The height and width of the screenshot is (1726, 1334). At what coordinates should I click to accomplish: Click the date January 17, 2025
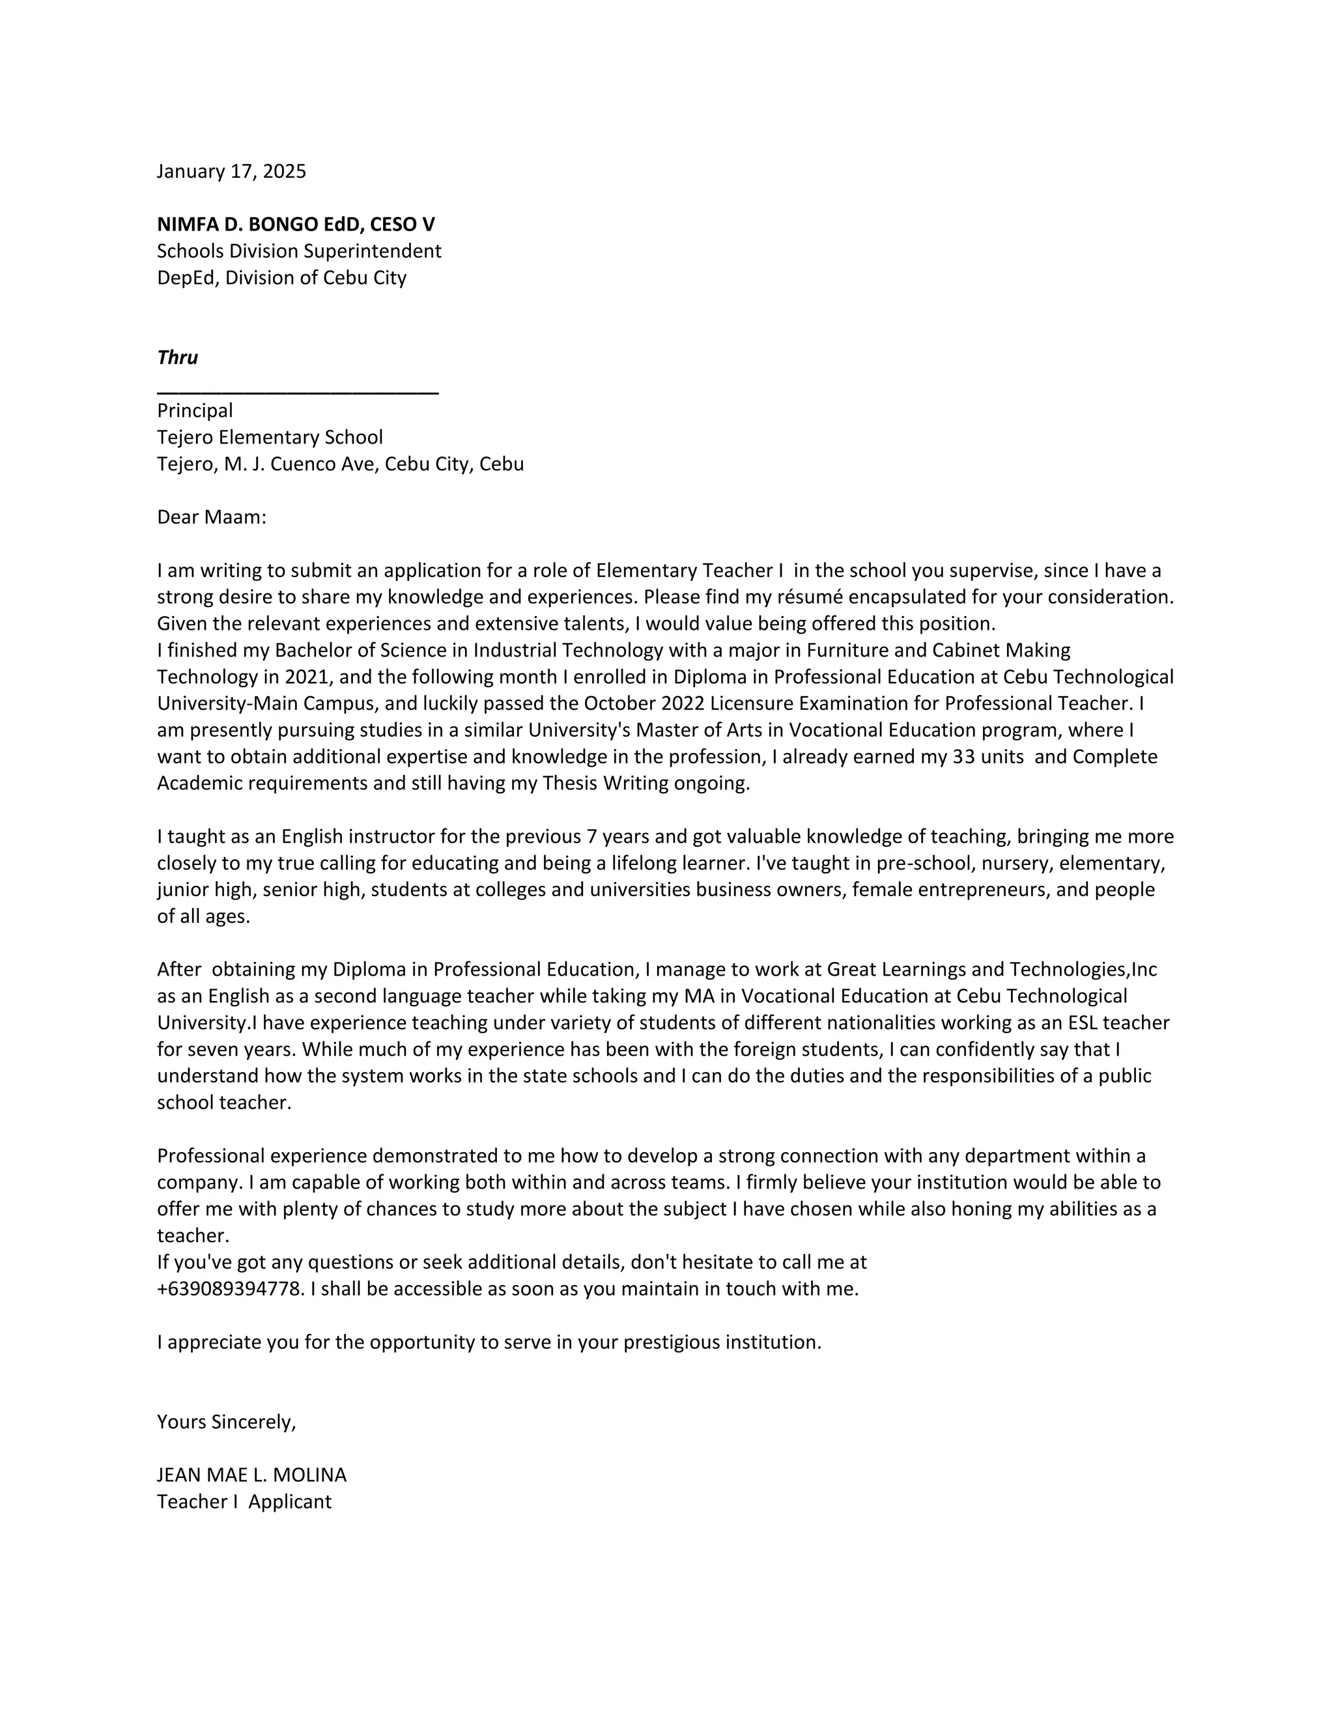coord(231,171)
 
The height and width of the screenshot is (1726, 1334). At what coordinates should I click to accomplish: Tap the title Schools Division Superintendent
coord(299,251)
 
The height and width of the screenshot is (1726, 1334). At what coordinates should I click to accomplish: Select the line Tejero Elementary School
coord(270,437)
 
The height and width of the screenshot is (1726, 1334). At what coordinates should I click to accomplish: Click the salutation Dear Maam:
coord(212,517)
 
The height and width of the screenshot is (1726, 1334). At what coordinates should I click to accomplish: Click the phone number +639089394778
coord(230,1289)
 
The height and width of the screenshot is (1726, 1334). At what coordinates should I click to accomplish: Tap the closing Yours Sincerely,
coord(226,1422)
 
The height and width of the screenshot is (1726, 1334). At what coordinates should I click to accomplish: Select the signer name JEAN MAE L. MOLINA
coord(251,1475)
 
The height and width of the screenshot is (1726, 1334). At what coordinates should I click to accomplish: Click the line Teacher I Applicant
coord(244,1501)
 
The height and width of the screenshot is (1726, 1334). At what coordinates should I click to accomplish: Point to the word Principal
coord(194,411)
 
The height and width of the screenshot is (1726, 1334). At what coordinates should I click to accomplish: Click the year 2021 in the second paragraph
coord(307,677)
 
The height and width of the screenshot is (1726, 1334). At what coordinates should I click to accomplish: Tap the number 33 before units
coord(963,756)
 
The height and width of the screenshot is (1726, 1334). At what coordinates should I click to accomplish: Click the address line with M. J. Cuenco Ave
coord(340,464)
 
